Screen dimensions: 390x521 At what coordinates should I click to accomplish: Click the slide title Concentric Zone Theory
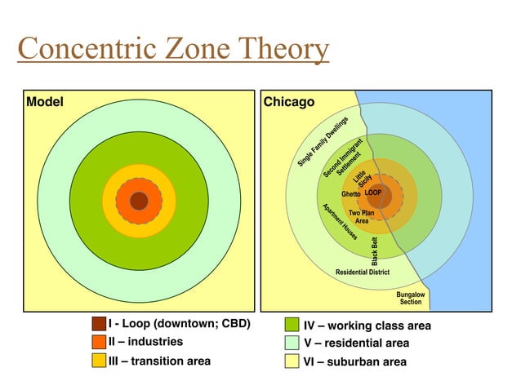(173, 50)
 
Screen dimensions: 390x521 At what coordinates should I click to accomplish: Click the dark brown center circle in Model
(139, 200)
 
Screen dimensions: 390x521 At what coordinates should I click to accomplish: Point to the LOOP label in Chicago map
(373, 193)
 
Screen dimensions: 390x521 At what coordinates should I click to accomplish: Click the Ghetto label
(351, 194)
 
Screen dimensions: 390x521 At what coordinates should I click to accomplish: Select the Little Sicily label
(361, 177)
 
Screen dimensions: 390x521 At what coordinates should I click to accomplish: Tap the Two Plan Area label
(361, 217)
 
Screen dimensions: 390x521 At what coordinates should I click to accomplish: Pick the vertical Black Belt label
(375, 251)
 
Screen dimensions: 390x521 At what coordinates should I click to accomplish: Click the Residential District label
(363, 272)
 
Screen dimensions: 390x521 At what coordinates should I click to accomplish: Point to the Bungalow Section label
(411, 298)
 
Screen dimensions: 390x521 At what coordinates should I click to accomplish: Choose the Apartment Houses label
(340, 222)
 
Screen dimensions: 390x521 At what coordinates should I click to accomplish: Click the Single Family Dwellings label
(323, 142)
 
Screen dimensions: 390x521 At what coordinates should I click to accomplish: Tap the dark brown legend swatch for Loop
(99, 324)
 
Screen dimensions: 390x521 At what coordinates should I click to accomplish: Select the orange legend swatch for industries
(99, 342)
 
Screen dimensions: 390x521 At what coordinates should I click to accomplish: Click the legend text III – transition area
(159, 361)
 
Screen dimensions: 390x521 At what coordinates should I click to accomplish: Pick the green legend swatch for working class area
(292, 326)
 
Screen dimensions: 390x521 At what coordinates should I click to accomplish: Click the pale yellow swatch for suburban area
(292, 361)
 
